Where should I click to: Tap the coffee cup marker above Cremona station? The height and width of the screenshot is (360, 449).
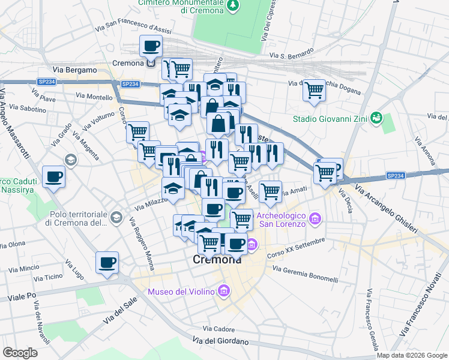pyautogui.click(x=151, y=45)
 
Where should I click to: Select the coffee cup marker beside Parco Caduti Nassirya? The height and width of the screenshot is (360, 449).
pyautogui.click(x=54, y=177)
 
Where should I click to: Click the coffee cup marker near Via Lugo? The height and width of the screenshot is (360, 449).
pyautogui.click(x=107, y=262)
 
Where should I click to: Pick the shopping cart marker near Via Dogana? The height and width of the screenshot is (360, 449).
pyautogui.click(x=314, y=90)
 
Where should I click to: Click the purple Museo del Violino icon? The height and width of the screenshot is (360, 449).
pyautogui.click(x=224, y=292)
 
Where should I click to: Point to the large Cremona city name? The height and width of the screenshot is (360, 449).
pyautogui.click(x=217, y=260)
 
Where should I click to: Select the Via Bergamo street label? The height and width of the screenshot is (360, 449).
pyautogui.click(x=75, y=70)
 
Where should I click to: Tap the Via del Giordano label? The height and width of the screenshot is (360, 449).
pyautogui.click(x=220, y=341)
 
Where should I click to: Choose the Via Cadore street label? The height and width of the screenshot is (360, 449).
pyautogui.click(x=218, y=329)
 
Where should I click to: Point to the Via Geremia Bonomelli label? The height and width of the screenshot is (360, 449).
pyautogui.click(x=306, y=273)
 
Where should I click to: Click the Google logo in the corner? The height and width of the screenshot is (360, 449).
pyautogui.click(x=20, y=352)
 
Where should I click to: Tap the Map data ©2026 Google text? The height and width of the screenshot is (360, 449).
pyautogui.click(x=411, y=355)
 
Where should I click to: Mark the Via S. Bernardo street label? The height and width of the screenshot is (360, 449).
pyautogui.click(x=292, y=56)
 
